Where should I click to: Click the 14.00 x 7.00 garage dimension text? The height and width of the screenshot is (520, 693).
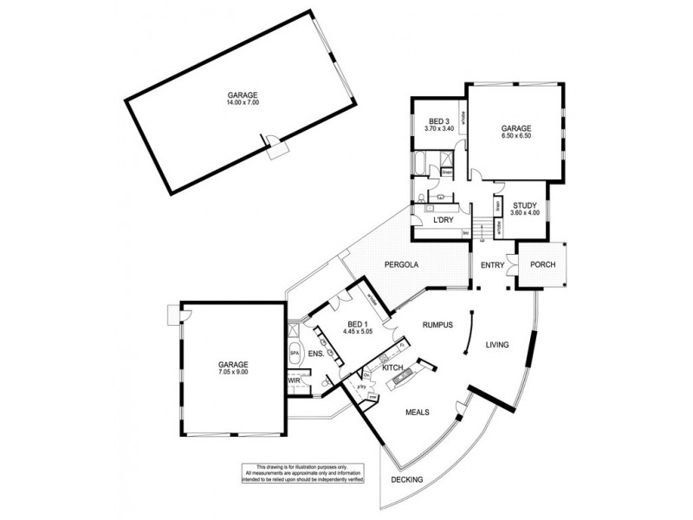tap(243, 103)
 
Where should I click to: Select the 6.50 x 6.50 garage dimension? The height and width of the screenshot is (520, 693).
tap(515, 136)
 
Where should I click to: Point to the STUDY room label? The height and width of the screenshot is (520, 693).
tap(525, 205)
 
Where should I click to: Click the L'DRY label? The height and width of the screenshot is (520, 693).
tap(444, 222)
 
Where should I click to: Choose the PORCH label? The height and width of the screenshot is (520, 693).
tap(543, 264)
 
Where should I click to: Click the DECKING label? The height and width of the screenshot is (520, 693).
tap(406, 478)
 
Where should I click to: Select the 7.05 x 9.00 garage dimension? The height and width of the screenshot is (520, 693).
tap(233, 372)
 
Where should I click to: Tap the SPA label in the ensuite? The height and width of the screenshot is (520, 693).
tap(295, 354)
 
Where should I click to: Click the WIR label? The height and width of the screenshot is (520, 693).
tap(294, 380)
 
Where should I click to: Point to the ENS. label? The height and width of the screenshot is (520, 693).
tap(315, 354)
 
